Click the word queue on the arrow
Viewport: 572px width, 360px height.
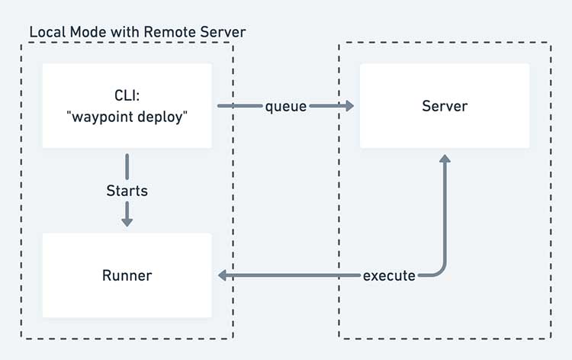[x=286, y=107]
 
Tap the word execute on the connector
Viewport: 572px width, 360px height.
[x=389, y=276]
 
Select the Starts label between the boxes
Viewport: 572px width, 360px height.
[x=127, y=191]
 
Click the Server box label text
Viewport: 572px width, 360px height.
[x=445, y=106]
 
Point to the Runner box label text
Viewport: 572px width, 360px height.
[x=127, y=275]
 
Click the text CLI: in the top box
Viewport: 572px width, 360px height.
[x=127, y=95]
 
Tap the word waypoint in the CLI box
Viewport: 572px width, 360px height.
[x=102, y=117]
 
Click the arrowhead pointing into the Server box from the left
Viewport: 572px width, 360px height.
[x=349, y=106]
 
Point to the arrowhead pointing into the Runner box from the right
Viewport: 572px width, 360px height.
[x=222, y=275]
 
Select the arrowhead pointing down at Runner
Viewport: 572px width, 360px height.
[x=127, y=222]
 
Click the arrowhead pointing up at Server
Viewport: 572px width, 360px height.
[x=445, y=159]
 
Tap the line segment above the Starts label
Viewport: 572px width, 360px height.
[x=127, y=167]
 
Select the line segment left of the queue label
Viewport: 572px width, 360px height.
[x=240, y=106]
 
